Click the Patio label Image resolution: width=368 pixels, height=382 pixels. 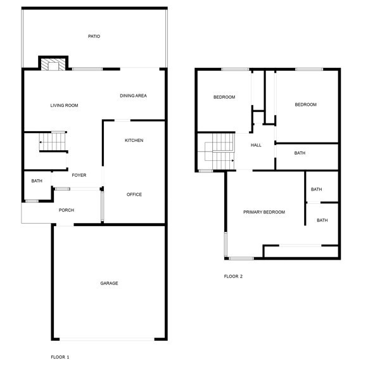coord(94,37)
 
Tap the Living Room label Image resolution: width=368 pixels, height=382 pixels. coord(64,105)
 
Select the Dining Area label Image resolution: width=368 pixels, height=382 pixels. coord(133,96)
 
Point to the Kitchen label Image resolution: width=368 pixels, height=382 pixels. coord(134,140)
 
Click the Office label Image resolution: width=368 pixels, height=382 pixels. coord(134,194)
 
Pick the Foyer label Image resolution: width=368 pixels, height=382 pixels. coord(79,175)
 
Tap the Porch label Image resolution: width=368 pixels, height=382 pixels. coord(67,210)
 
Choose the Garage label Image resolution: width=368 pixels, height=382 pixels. coord(109,283)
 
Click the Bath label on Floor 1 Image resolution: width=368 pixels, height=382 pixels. coord(37,181)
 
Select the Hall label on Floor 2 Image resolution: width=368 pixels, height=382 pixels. coord(256,145)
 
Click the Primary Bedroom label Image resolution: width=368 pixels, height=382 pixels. coord(264,212)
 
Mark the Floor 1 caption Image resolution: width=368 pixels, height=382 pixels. coord(60,357)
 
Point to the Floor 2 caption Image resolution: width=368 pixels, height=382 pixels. coord(233,276)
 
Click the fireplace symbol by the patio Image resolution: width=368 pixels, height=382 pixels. coord(54,63)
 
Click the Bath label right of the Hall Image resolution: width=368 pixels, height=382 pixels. coord(300,153)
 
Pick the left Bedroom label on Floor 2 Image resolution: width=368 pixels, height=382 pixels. coord(224,97)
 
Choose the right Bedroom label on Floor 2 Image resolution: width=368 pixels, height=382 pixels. coord(305,105)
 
